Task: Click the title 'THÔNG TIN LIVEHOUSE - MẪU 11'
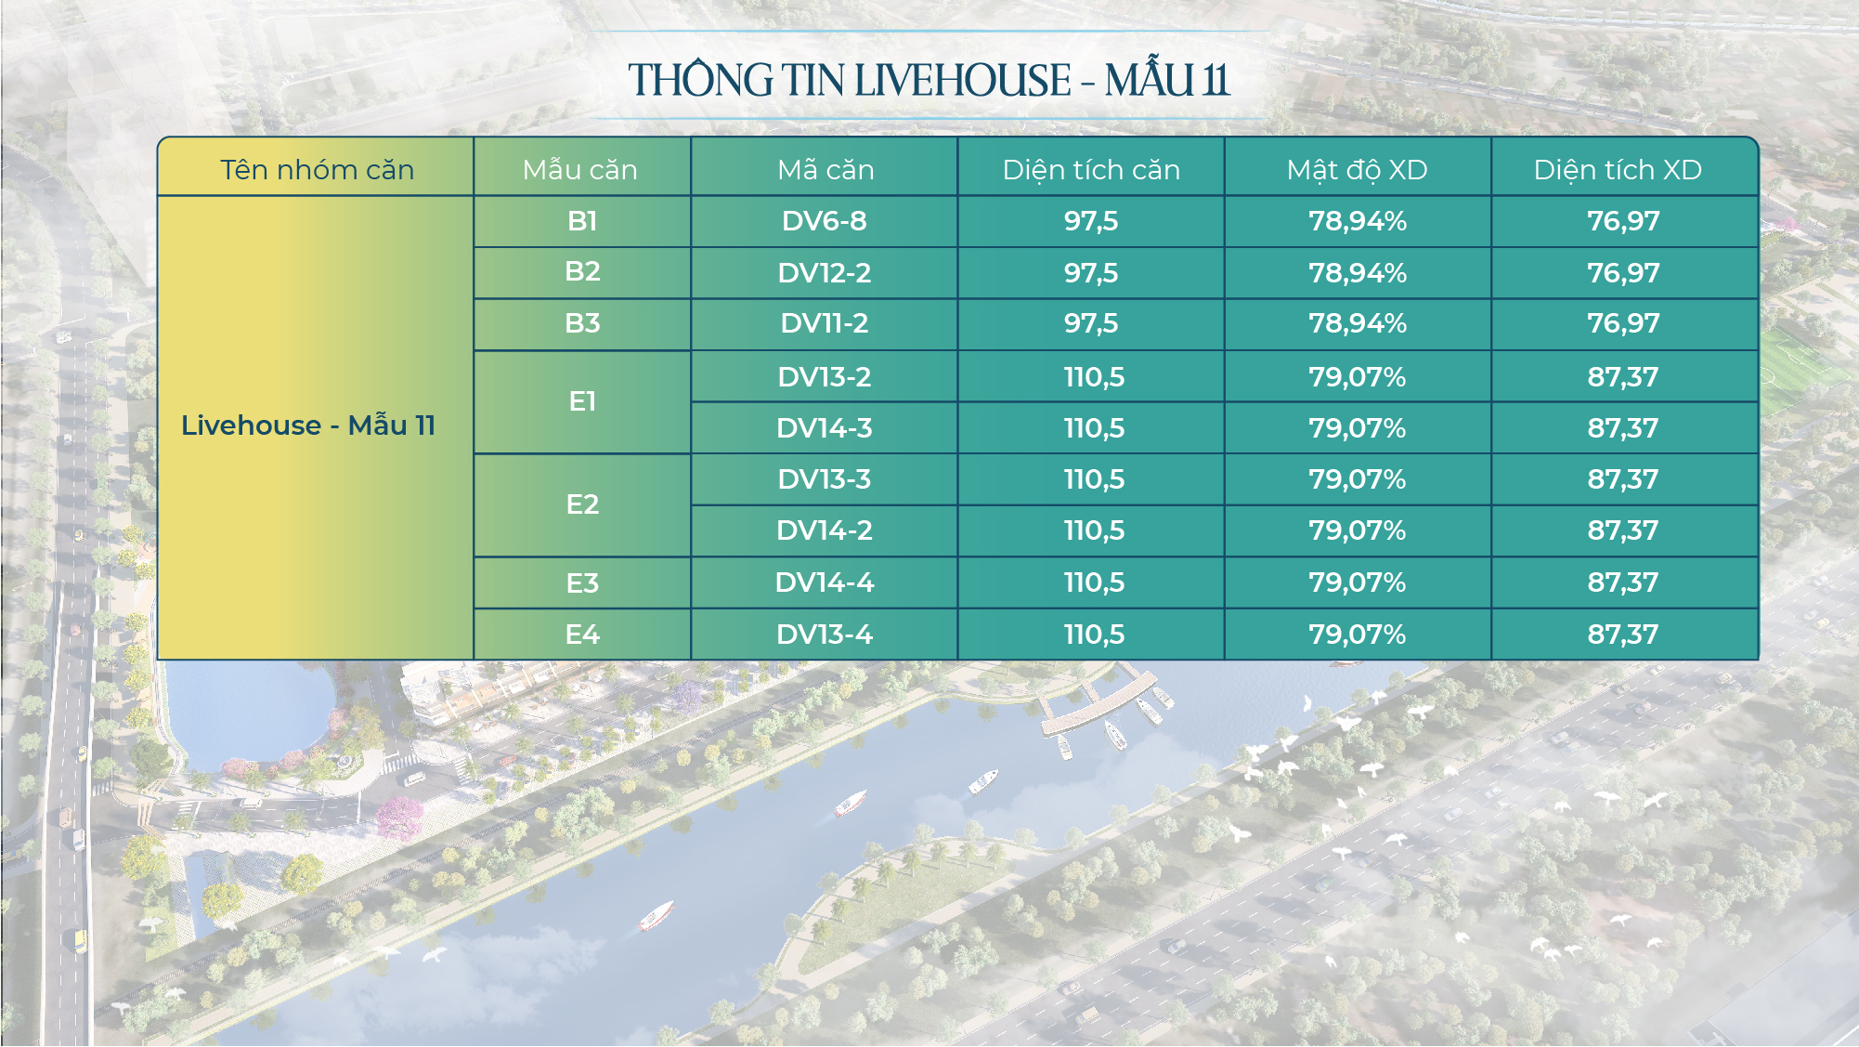point(929,80)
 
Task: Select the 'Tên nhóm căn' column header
point(317,170)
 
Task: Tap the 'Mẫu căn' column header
point(580,170)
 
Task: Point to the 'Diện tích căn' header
point(1091,170)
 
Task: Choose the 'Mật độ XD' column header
point(1357,170)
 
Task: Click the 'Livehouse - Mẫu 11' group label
point(308,425)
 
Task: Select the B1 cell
point(582,221)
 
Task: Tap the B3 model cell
point(582,323)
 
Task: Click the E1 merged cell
point(582,401)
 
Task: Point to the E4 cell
point(582,635)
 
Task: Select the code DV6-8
point(825,221)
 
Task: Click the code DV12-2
point(825,273)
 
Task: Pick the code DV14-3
point(825,428)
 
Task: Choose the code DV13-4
point(825,635)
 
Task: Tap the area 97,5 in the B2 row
point(1091,273)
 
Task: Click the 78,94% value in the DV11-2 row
point(1358,323)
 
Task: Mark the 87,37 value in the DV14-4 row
point(1623,582)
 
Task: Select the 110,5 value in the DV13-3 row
point(1094,479)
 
